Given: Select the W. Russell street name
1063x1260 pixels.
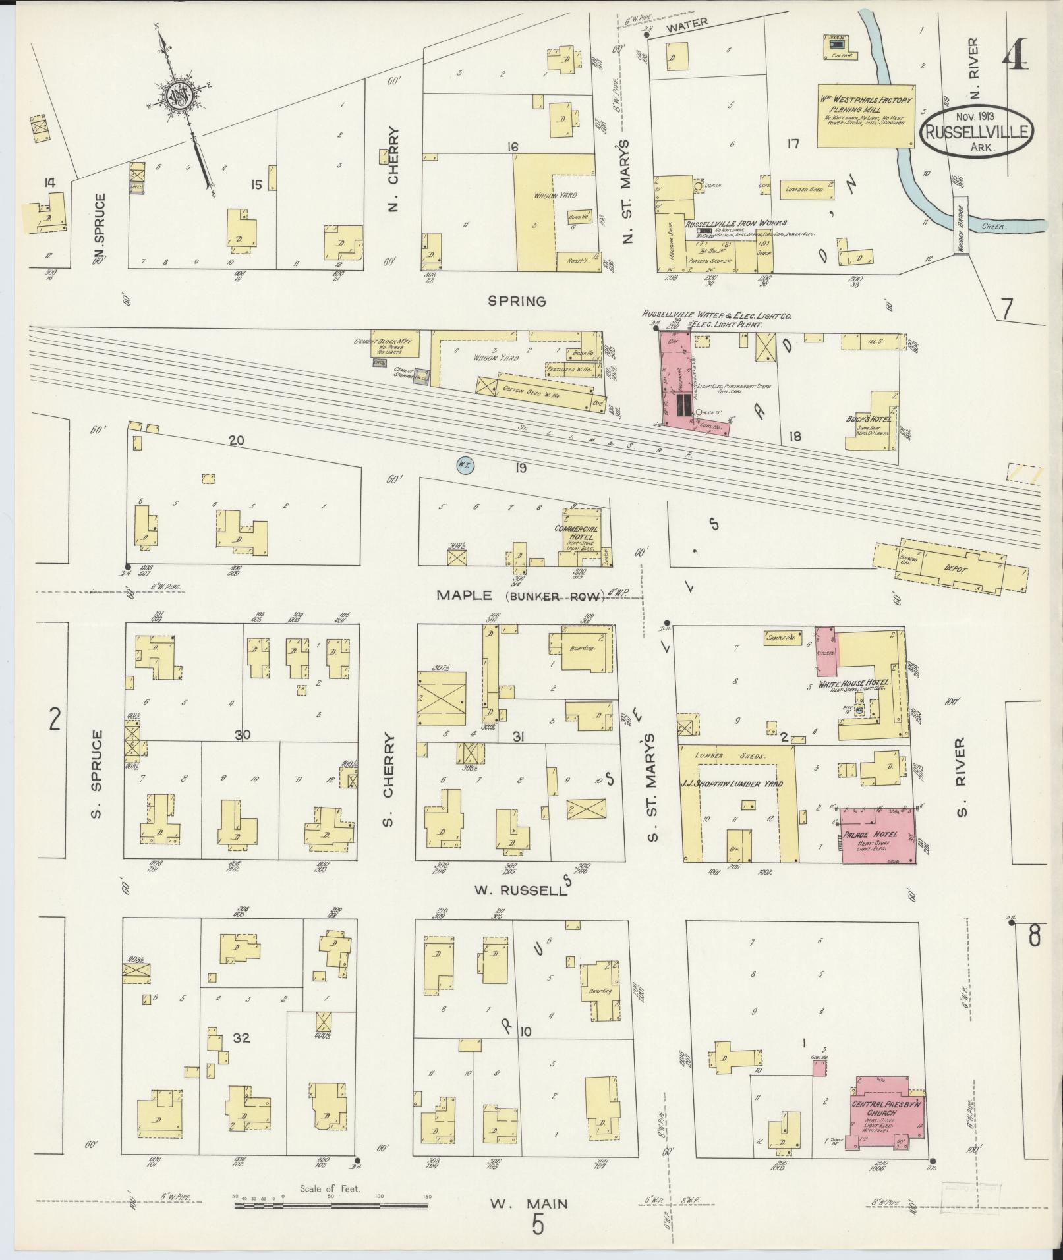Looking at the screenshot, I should click(x=519, y=890).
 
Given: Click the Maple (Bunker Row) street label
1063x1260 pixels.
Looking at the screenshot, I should click(x=521, y=596).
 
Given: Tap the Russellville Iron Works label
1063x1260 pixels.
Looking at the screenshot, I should click(x=736, y=224).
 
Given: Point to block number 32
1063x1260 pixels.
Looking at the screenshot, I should click(x=241, y=1039).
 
